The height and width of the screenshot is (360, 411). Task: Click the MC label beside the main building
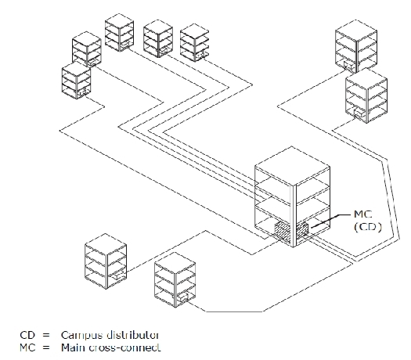tap(363, 214)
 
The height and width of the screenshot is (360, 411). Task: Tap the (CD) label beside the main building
tap(368, 227)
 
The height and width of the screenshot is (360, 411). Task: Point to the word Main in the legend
tap(73, 347)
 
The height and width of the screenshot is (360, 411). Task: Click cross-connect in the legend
tap(124, 348)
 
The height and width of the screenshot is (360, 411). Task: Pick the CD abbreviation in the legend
tap(27, 335)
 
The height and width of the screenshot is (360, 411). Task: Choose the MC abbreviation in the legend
tap(27, 347)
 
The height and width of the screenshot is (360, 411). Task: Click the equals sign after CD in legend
tap(46, 336)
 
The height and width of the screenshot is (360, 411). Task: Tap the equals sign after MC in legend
tap(46, 348)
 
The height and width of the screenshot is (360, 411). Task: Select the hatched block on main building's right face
tap(302, 230)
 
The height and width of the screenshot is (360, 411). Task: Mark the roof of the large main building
tap(292, 166)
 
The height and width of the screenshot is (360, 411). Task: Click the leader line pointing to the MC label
tap(331, 221)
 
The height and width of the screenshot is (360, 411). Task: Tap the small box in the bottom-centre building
tap(183, 297)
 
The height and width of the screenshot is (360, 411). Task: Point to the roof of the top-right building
tap(356, 31)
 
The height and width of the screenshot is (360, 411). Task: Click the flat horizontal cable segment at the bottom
tap(234, 311)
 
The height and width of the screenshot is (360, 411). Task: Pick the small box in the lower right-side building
tap(359, 113)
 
